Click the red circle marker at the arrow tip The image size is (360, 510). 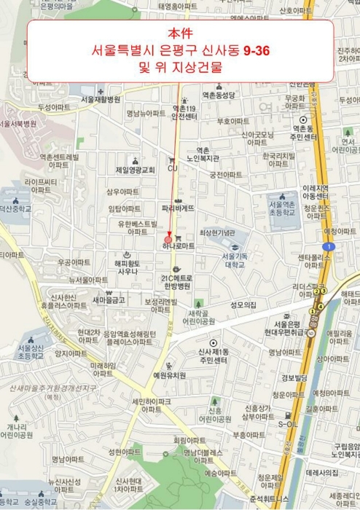[x=169, y=238]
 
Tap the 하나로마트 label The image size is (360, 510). [x=179, y=247]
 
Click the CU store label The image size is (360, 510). [x=173, y=169]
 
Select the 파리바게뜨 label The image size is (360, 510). [x=178, y=208]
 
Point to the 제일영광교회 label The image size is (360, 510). [x=136, y=170]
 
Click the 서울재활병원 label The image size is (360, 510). [x=101, y=99]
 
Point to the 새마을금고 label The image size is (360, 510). [x=109, y=299]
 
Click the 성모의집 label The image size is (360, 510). [x=243, y=305]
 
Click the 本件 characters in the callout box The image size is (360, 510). [x=179, y=34]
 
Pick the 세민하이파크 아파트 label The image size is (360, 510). [x=152, y=405]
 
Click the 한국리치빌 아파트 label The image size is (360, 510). [x=279, y=160]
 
